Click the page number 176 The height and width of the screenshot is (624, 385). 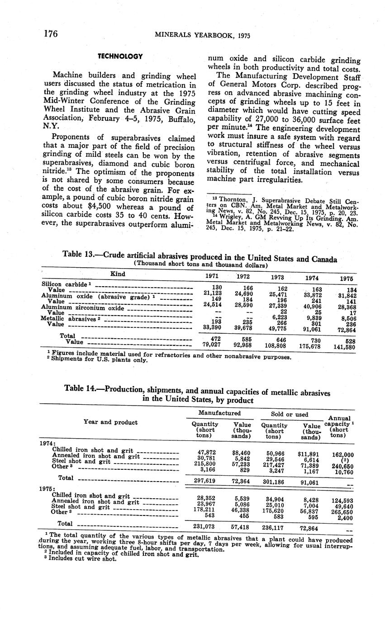tap(52, 33)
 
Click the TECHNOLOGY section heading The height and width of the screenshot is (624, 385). tap(120, 57)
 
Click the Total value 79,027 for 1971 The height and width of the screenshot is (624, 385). tap(212, 345)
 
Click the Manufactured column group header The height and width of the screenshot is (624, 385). tap(219, 413)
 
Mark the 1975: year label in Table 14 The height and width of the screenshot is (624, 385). tap(48, 488)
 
